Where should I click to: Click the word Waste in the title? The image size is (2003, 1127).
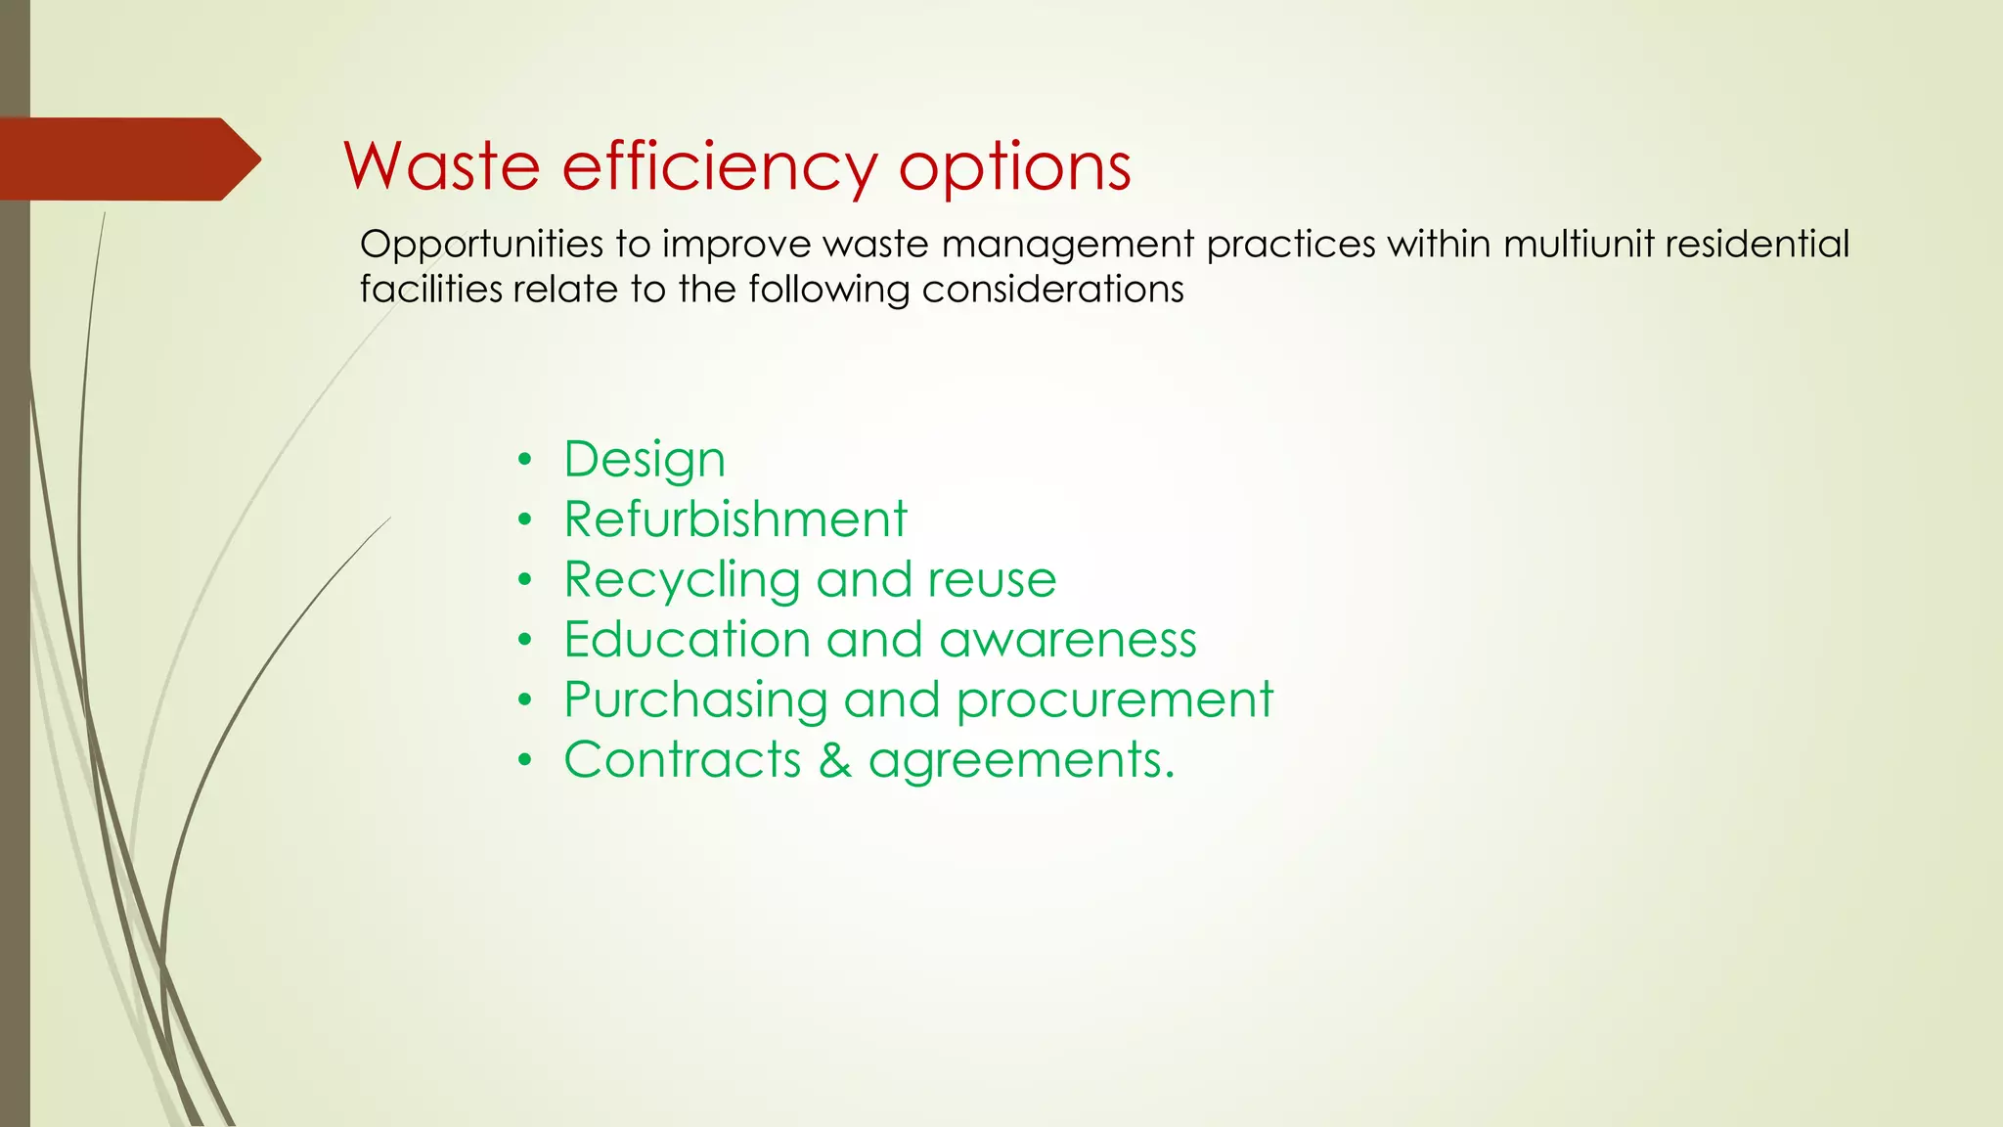(441, 165)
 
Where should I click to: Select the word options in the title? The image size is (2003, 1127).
(1014, 167)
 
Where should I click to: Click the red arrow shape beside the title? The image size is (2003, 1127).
(127, 158)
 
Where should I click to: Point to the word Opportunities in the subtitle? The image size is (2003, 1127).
(481, 245)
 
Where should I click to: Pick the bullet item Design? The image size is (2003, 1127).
(645, 459)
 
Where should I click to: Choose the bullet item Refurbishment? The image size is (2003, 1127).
(735, 518)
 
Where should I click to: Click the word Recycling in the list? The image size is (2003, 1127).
(682, 579)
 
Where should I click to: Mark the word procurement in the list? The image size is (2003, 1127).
(1114, 700)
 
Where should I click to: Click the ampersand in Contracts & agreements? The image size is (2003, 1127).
(834, 760)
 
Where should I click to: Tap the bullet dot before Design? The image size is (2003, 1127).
(525, 459)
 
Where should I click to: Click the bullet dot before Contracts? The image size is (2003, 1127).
(525, 760)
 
